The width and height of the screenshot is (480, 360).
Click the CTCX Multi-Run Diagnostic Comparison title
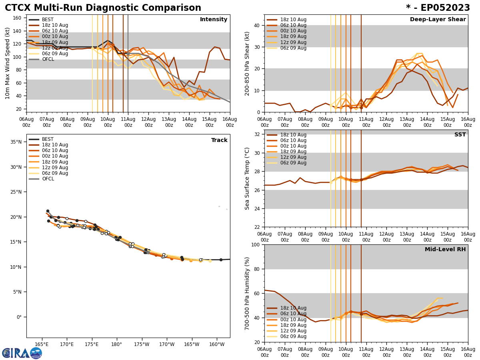[x=103, y=8]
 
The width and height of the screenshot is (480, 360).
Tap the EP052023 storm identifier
[x=438, y=8]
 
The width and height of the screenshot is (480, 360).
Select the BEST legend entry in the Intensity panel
[x=47, y=20]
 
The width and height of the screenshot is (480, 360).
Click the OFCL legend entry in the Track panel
[x=48, y=179]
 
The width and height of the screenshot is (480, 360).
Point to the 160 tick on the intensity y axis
[x=18, y=18]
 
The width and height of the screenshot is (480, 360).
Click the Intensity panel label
[x=214, y=20]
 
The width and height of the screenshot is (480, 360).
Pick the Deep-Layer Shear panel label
[x=438, y=20]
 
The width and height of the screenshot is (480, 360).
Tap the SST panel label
[x=460, y=135]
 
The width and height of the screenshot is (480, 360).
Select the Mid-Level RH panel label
[x=445, y=250]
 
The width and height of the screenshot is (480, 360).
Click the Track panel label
[x=219, y=140]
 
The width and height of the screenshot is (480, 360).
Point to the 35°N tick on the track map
[x=16, y=142]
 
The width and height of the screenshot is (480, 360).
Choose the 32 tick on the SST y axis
[x=258, y=134]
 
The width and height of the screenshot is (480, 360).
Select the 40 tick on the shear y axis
[x=256, y=25]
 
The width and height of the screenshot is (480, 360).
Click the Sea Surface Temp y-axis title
[x=247, y=178]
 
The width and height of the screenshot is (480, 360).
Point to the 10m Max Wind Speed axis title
[x=8, y=63]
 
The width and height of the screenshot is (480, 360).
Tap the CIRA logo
[x=22, y=353]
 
